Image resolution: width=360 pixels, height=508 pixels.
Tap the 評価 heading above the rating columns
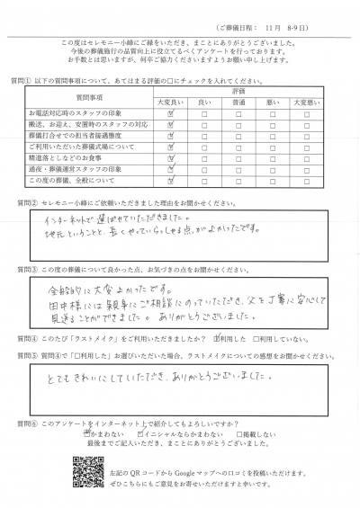pyautogui.click(x=238, y=93)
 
